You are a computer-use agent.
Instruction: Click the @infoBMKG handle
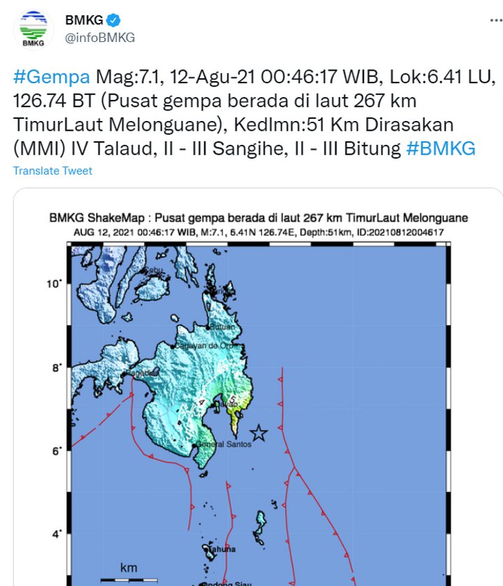[100, 38]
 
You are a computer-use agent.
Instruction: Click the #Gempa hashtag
[51, 76]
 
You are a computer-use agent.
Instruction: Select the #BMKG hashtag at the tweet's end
[440, 148]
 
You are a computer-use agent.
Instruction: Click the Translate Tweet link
[52, 171]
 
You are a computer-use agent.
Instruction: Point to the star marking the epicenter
[259, 433]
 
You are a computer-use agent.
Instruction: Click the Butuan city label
[223, 327]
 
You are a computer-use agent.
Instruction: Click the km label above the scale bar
[129, 567]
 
